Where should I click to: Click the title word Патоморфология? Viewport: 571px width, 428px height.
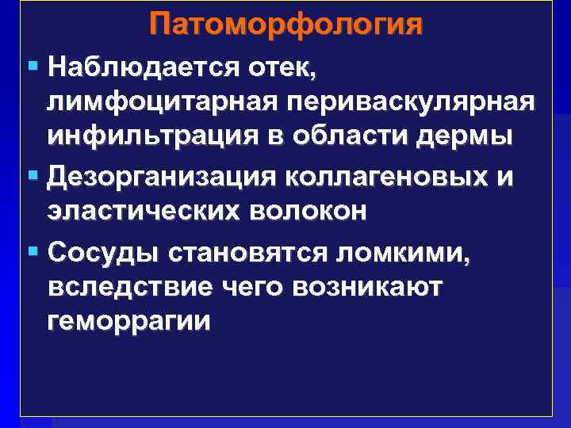point(285,24)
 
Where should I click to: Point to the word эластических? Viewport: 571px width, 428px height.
point(140,212)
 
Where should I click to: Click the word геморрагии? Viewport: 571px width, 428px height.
point(128,323)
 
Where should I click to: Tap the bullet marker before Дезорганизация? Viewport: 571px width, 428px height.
point(32,176)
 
